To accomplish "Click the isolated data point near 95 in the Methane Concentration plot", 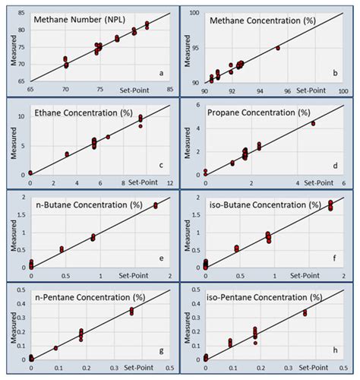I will pos(278,48).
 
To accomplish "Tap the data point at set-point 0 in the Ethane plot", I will pos(30,173).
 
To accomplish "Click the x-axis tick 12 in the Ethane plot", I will pos(169,183).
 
